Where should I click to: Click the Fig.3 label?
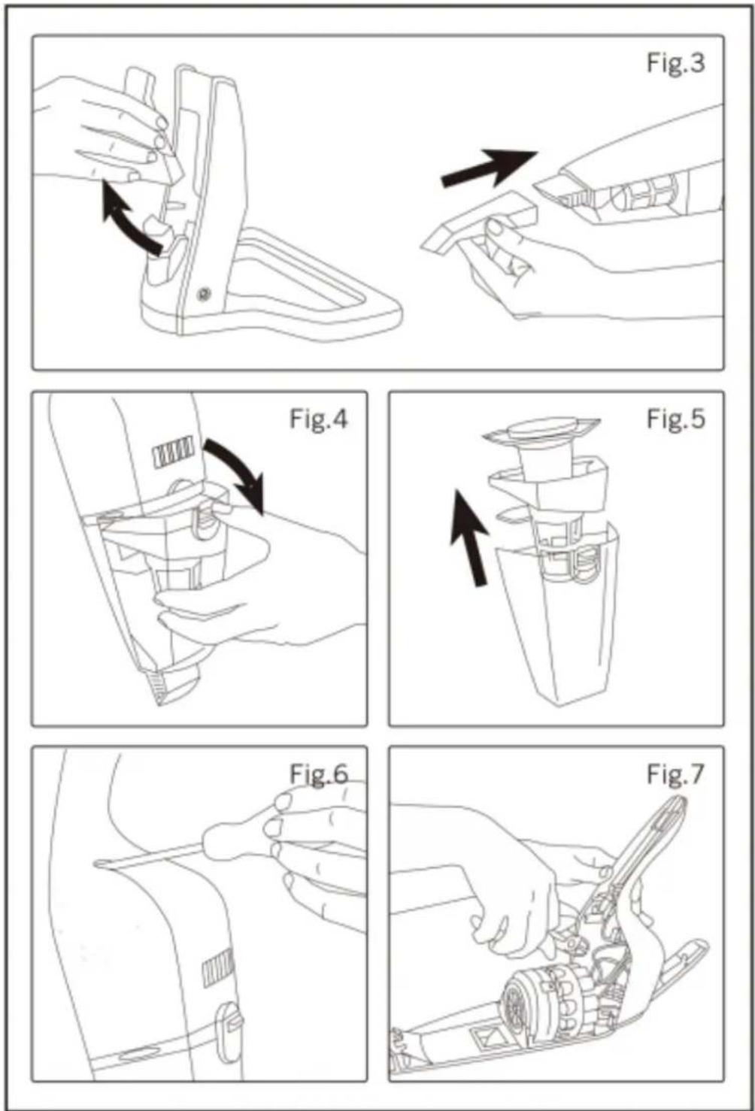click(x=675, y=63)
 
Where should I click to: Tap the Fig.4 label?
click(x=319, y=419)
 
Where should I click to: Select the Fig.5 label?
click(x=675, y=419)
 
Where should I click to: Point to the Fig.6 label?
click(x=319, y=773)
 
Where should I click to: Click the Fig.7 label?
click(x=675, y=773)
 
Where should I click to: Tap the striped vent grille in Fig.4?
click(x=174, y=453)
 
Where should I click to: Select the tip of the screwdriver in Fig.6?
click(x=100, y=864)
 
